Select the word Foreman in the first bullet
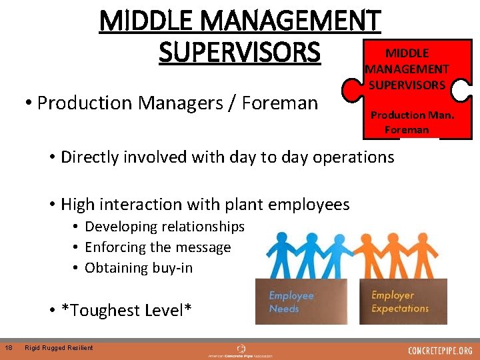[280, 103]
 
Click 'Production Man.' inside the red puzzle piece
[412, 115]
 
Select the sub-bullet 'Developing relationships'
[165, 227]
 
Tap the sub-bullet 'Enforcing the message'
[157, 247]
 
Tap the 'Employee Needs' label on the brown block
[291, 302]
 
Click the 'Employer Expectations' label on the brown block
[399, 302]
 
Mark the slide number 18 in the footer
[7, 347]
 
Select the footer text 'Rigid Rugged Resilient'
[59, 347]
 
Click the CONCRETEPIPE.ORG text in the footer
[440, 350]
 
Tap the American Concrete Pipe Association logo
[240, 350]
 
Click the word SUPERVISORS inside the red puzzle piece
[407, 85]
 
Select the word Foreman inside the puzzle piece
[407, 129]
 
